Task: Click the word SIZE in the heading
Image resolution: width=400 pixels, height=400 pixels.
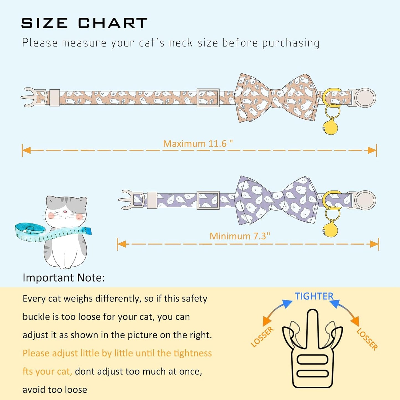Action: [44, 23]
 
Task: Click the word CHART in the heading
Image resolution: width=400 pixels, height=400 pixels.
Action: [113, 23]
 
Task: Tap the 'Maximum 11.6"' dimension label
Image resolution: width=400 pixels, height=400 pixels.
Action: [198, 143]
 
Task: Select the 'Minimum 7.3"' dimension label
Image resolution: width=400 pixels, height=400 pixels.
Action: [240, 236]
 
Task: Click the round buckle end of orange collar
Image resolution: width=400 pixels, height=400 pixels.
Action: [365, 97]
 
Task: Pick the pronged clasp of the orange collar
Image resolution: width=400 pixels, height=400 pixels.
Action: [33, 97]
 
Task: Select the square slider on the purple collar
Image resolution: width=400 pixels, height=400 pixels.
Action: [208, 200]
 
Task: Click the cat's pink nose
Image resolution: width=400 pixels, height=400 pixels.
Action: [65, 212]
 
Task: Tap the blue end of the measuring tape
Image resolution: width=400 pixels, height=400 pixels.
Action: [87, 230]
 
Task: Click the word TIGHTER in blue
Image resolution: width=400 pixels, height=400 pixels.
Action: [314, 296]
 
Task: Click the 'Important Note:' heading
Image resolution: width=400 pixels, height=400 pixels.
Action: [64, 278]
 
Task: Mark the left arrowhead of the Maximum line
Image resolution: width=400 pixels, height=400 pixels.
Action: [26, 150]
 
